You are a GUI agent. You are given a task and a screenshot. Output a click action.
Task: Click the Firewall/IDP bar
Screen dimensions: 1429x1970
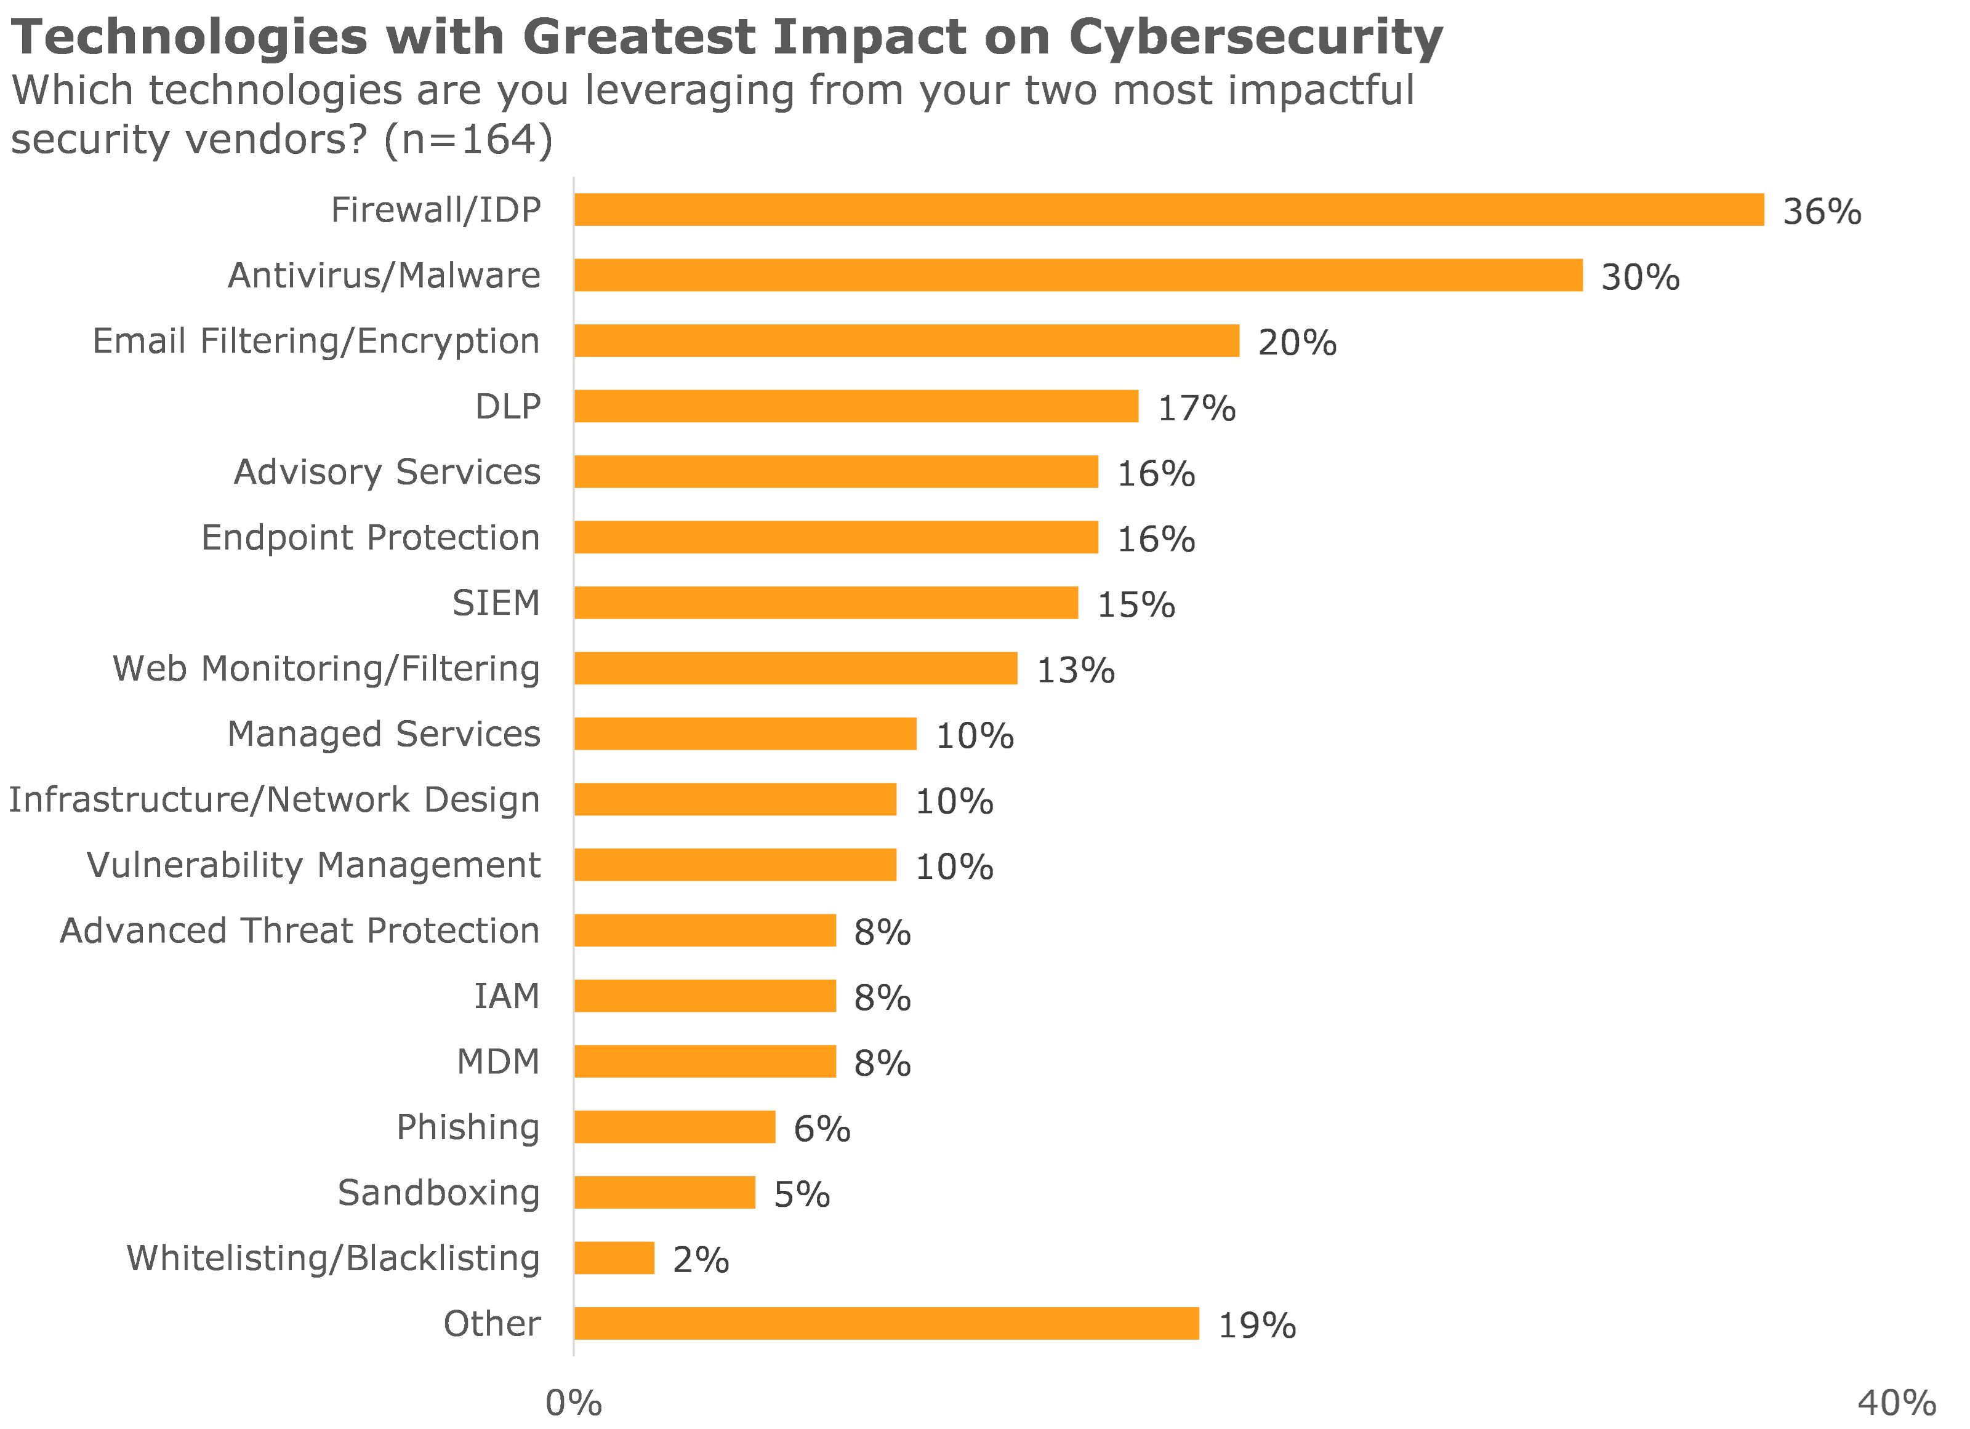1168,210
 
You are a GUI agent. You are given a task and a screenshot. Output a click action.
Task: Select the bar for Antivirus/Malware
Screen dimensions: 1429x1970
1077,275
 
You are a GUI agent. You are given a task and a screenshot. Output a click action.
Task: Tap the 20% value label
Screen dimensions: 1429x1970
1297,342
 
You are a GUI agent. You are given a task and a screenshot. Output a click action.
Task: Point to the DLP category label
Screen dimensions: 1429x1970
507,406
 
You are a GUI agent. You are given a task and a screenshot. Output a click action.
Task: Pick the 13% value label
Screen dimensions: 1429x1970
1075,670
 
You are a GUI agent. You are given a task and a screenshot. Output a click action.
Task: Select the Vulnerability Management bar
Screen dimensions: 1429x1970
735,865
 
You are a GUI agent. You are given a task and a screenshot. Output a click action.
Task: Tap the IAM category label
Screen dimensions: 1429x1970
507,996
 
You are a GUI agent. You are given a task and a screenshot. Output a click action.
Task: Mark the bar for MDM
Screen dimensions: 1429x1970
704,1061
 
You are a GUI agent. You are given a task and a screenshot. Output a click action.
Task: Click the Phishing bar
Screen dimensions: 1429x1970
674,1127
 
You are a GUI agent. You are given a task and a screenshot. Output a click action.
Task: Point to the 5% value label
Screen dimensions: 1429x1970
802,1195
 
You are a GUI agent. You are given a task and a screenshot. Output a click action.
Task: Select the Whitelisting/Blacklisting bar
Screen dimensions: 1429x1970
614,1258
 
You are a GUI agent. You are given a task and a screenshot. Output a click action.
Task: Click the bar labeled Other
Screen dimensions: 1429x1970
886,1323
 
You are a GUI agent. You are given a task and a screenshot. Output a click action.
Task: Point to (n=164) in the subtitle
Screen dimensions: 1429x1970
467,139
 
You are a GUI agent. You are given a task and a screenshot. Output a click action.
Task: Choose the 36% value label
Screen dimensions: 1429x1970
1822,212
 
